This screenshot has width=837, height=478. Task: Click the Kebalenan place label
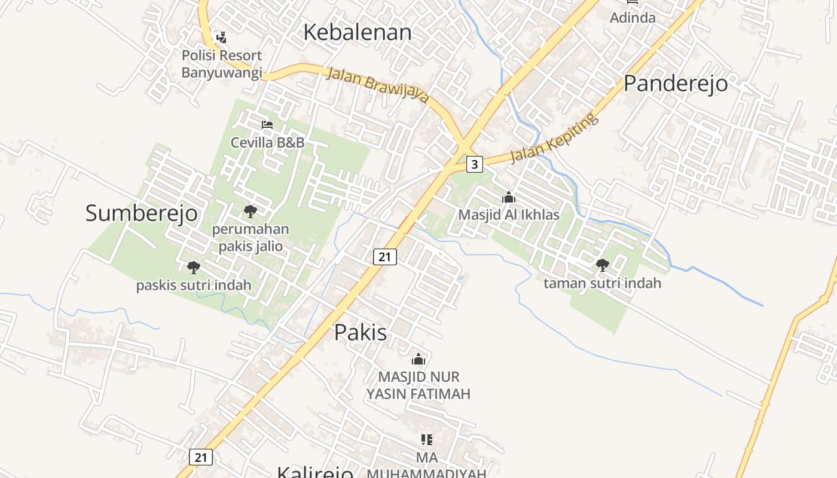click(x=357, y=32)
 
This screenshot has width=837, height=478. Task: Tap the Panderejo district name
click(x=676, y=83)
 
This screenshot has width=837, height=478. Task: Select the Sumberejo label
click(x=141, y=213)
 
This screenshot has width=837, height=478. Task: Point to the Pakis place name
click(x=360, y=332)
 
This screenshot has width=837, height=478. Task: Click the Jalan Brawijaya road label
click(x=378, y=84)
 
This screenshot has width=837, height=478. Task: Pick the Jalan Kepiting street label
click(x=554, y=138)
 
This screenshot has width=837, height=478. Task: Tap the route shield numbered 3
click(x=474, y=164)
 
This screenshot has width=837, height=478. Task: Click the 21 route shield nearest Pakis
click(x=384, y=257)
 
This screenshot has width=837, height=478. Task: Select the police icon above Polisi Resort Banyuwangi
click(x=221, y=38)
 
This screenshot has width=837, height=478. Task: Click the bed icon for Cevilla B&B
click(x=267, y=125)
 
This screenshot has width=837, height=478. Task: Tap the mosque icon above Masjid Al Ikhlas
click(x=508, y=197)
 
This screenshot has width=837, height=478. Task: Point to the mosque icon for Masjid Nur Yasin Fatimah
click(x=418, y=359)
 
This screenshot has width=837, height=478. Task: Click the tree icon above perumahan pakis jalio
click(x=251, y=211)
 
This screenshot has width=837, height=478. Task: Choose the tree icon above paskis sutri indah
click(x=193, y=267)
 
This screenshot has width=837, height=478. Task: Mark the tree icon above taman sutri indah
click(x=602, y=265)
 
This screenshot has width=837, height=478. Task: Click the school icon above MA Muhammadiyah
click(x=426, y=440)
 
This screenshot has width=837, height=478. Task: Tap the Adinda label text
click(x=633, y=17)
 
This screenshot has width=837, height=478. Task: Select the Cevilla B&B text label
click(x=267, y=142)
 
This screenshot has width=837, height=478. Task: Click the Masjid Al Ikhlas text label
click(x=508, y=215)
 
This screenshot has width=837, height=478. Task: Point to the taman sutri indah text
click(x=602, y=283)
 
